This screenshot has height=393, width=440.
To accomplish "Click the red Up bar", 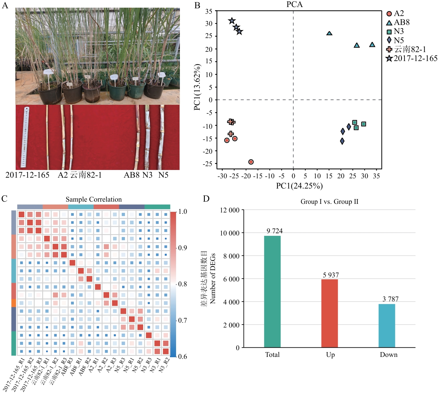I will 329,313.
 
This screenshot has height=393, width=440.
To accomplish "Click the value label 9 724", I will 274,231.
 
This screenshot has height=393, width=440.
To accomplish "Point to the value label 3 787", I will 390,299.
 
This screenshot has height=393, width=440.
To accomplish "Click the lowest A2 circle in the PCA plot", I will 251,162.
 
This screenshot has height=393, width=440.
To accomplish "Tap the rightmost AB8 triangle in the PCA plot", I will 372,45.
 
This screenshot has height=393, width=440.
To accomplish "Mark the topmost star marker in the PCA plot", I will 232,21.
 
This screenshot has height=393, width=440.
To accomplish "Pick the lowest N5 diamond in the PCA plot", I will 342,141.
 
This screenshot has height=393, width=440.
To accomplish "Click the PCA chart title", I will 294,4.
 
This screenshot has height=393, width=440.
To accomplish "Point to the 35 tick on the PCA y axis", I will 209,12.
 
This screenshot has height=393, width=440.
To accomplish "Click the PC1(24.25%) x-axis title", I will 299,186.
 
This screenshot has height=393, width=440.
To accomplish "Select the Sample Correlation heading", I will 94,199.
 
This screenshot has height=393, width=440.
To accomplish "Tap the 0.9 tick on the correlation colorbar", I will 182,248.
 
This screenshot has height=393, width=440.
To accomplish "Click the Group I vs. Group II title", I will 329,202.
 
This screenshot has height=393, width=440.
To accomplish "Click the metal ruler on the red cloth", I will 25,137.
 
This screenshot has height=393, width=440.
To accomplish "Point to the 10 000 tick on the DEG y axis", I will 229,233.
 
